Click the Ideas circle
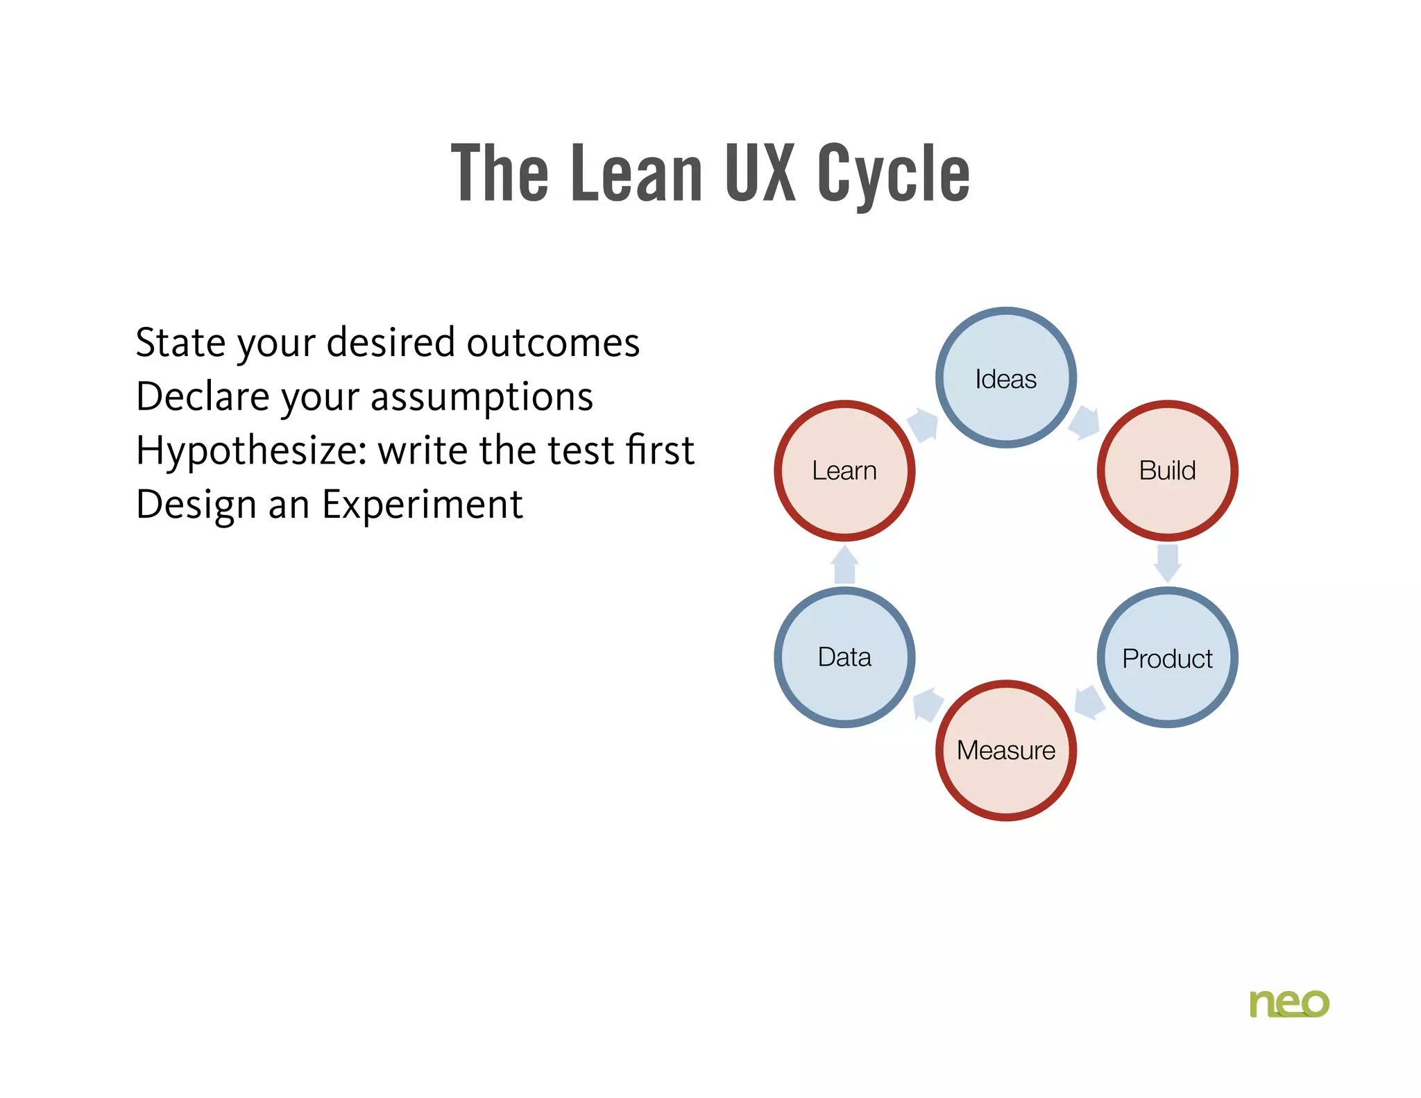point(1005,378)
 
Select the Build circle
point(1167,470)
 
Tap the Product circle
point(1167,657)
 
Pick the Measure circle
point(1005,750)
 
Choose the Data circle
point(844,657)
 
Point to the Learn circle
point(844,470)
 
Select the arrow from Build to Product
point(1168,562)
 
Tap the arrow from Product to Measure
point(1089,702)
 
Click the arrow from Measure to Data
point(927,704)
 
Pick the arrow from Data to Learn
point(844,564)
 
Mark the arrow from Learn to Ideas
point(924,424)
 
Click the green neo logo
point(1288,1003)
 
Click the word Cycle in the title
point(893,174)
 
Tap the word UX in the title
point(760,173)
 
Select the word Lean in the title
point(636,173)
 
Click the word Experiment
point(422,505)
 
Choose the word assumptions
point(482,397)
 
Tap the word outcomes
point(552,343)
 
